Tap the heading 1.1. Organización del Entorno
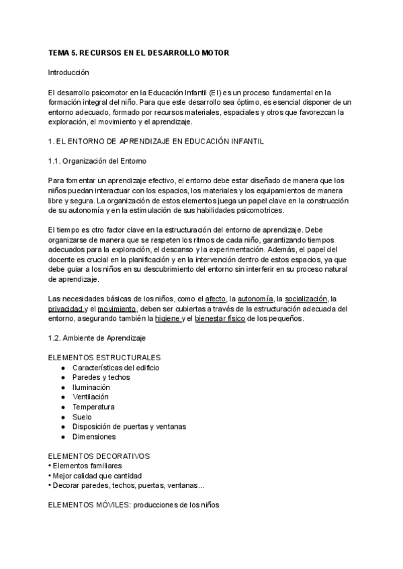click(97, 161)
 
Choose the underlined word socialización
click(306, 299)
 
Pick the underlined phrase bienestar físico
click(220, 319)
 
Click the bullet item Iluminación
click(91, 387)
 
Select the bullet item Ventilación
click(91, 397)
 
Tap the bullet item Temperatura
click(93, 407)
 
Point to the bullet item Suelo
click(82, 417)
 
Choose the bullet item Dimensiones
click(94, 436)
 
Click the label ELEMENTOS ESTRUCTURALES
click(104, 358)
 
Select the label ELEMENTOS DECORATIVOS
click(99, 456)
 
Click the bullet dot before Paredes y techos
click(63, 378)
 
